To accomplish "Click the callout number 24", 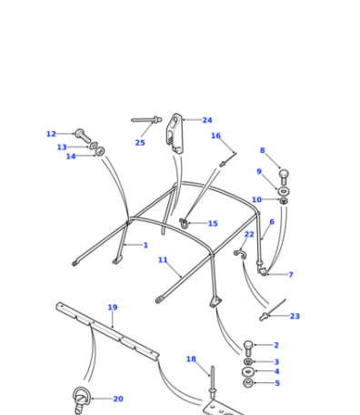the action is (207, 120).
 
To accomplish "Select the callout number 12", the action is (51, 134).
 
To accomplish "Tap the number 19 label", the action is (113, 308).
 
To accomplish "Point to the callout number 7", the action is (291, 275).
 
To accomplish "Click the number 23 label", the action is (295, 316).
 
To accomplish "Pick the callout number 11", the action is (163, 260).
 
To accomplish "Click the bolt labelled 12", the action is (83, 137).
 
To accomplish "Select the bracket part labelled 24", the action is (175, 134).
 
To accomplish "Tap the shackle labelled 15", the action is (184, 223).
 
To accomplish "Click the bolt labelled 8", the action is (284, 177).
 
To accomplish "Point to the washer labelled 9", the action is (284, 191).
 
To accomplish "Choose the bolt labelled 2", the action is (248, 349).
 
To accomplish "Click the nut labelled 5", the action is (248, 383).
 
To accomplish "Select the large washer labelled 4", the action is (248, 371).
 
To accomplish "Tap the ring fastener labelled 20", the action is (80, 400).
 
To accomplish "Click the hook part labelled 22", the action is (240, 254).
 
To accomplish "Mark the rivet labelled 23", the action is (272, 310).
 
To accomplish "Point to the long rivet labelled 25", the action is (146, 120).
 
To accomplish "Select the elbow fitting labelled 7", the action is (261, 268).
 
